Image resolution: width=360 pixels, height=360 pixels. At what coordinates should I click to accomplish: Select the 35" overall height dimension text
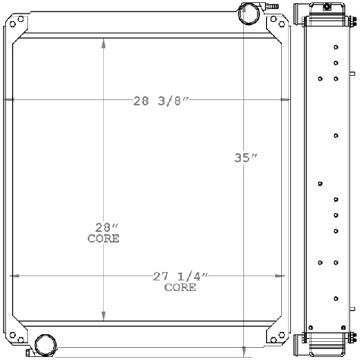point(246,158)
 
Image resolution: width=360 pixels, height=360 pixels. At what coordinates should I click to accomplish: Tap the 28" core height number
point(104,227)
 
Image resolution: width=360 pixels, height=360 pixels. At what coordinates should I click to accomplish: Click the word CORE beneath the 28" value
point(103,238)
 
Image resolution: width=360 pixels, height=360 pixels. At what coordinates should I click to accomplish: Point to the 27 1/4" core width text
point(179,277)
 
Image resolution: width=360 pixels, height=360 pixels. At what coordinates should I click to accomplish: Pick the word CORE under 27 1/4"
point(180,287)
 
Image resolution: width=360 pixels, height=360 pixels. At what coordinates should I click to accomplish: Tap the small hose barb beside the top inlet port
point(267,7)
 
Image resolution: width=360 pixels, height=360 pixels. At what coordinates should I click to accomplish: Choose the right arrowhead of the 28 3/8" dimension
point(287,100)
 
